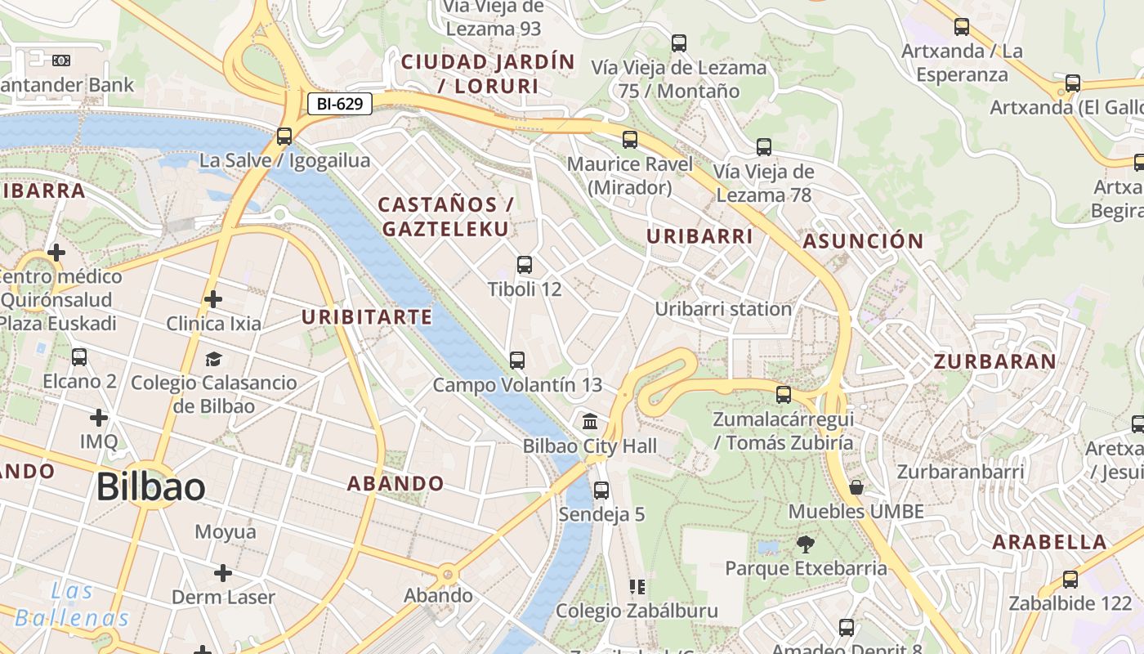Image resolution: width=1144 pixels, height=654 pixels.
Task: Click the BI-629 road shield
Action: (x=340, y=104)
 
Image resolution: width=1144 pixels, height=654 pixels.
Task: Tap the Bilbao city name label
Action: (x=150, y=487)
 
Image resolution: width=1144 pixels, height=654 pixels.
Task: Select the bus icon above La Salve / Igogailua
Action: (x=284, y=137)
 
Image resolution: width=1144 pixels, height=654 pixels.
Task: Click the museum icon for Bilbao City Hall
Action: (x=590, y=422)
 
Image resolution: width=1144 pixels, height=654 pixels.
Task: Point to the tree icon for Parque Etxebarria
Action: (x=806, y=544)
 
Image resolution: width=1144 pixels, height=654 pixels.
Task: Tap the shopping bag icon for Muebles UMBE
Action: (x=856, y=488)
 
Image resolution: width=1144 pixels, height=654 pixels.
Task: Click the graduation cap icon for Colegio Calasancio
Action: (x=213, y=359)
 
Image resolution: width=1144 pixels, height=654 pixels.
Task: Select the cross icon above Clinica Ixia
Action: (x=213, y=300)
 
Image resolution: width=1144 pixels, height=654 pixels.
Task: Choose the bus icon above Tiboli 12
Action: (x=525, y=265)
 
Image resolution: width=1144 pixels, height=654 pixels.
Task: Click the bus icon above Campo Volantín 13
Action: (x=516, y=361)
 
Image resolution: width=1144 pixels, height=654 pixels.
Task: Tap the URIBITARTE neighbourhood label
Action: (x=367, y=317)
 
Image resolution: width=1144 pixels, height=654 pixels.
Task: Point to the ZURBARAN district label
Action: (x=994, y=361)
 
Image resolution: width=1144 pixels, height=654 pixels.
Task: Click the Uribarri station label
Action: (x=723, y=309)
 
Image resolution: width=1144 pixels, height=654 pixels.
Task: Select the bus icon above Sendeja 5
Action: (x=601, y=490)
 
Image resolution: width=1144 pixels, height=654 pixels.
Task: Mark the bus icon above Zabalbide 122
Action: (x=1070, y=580)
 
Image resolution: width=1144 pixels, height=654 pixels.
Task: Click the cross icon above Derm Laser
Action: (x=222, y=573)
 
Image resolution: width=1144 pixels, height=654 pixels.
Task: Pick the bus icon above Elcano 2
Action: (x=79, y=357)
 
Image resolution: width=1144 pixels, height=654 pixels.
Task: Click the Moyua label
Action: (x=225, y=532)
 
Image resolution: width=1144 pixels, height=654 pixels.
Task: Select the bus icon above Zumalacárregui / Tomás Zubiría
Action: (x=784, y=395)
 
